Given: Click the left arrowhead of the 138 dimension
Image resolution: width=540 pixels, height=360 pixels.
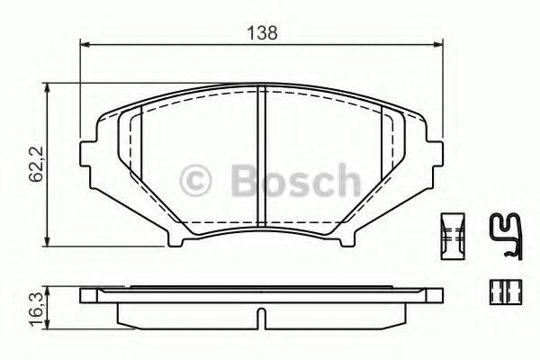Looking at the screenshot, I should tap(85, 42).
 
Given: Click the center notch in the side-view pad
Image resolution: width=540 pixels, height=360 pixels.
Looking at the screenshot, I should tap(259, 317).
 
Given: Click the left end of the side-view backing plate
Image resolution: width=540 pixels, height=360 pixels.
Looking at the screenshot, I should tap(86, 295).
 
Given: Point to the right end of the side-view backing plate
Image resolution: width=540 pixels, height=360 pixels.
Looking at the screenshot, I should tap(436, 295).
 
